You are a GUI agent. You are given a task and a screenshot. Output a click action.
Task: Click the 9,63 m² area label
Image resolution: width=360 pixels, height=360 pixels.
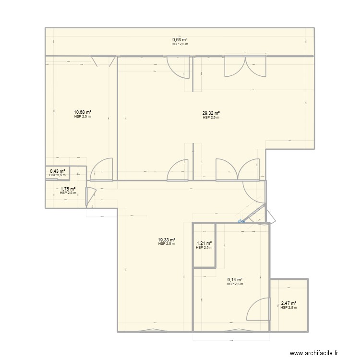[x=180, y=40]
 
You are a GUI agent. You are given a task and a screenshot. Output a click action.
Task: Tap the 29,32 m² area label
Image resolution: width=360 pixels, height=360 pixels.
[x=211, y=113]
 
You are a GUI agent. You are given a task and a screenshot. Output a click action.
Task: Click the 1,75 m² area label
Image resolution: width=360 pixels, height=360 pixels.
[x=68, y=189]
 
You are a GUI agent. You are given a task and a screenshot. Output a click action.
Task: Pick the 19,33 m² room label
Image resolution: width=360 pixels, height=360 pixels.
[x=166, y=240]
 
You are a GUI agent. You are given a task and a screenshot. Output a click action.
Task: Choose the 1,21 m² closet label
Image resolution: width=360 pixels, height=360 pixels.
[x=204, y=243]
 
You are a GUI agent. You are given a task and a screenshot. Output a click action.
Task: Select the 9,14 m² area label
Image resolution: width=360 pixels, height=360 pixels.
[x=235, y=280]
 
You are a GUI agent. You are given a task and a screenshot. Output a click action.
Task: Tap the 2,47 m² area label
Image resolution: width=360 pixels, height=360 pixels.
[x=288, y=303]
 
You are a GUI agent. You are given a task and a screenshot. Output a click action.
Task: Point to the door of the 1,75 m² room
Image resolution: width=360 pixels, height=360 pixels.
[x=90, y=196]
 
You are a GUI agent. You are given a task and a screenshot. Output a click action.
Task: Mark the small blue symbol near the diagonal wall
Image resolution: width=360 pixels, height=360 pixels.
[x=240, y=221]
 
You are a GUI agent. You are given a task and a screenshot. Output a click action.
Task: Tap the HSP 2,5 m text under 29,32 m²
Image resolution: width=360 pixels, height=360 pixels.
[x=211, y=118]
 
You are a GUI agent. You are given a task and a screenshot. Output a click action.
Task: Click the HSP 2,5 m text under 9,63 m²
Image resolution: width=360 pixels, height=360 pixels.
[x=180, y=45]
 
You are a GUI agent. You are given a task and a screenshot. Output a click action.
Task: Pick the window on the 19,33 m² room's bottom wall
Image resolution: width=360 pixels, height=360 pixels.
[x=155, y=330]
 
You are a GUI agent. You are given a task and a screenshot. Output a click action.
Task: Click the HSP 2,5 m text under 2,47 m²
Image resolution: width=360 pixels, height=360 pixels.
[x=288, y=308]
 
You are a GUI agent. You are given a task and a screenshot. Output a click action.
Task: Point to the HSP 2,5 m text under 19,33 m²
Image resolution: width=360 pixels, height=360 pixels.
[x=166, y=244]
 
